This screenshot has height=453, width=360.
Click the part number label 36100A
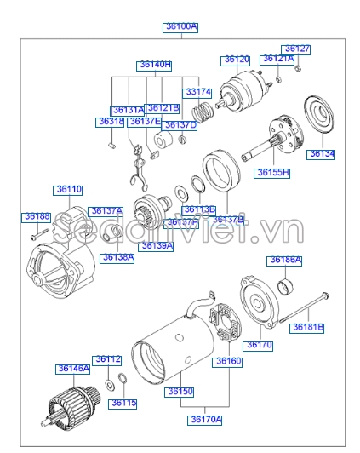[180, 27]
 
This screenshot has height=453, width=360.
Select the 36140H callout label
[155, 65]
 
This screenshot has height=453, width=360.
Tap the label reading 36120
[236, 60]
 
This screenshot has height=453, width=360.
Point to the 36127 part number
[297, 49]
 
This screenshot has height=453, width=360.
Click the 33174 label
[197, 91]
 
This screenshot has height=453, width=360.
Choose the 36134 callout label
[322, 154]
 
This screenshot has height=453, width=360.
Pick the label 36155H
[273, 172]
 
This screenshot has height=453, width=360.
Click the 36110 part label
[69, 189]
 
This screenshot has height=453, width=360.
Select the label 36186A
[286, 260]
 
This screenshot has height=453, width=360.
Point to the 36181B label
[308, 326]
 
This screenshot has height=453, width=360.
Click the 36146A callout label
[73, 369]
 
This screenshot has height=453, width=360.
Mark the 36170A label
[206, 419]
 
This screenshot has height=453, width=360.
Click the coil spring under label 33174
[203, 111]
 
